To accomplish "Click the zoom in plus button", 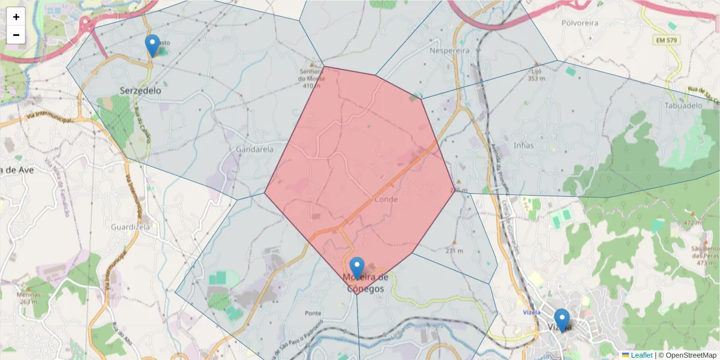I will (16, 17).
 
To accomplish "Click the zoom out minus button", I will (16, 35).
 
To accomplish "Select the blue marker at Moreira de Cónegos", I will (357, 268).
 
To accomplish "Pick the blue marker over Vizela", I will (562, 320).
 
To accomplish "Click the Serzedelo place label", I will (140, 91).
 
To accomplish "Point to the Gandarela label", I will (255, 149).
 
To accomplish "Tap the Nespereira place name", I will (450, 51).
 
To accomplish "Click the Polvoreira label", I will (580, 23).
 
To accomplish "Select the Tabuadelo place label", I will (683, 106).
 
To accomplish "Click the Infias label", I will (524, 145).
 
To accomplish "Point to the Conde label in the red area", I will (386, 199).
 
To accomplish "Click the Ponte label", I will (313, 313).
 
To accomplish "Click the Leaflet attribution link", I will (641, 355).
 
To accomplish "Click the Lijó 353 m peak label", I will (536, 74).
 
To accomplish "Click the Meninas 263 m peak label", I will (28, 298).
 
